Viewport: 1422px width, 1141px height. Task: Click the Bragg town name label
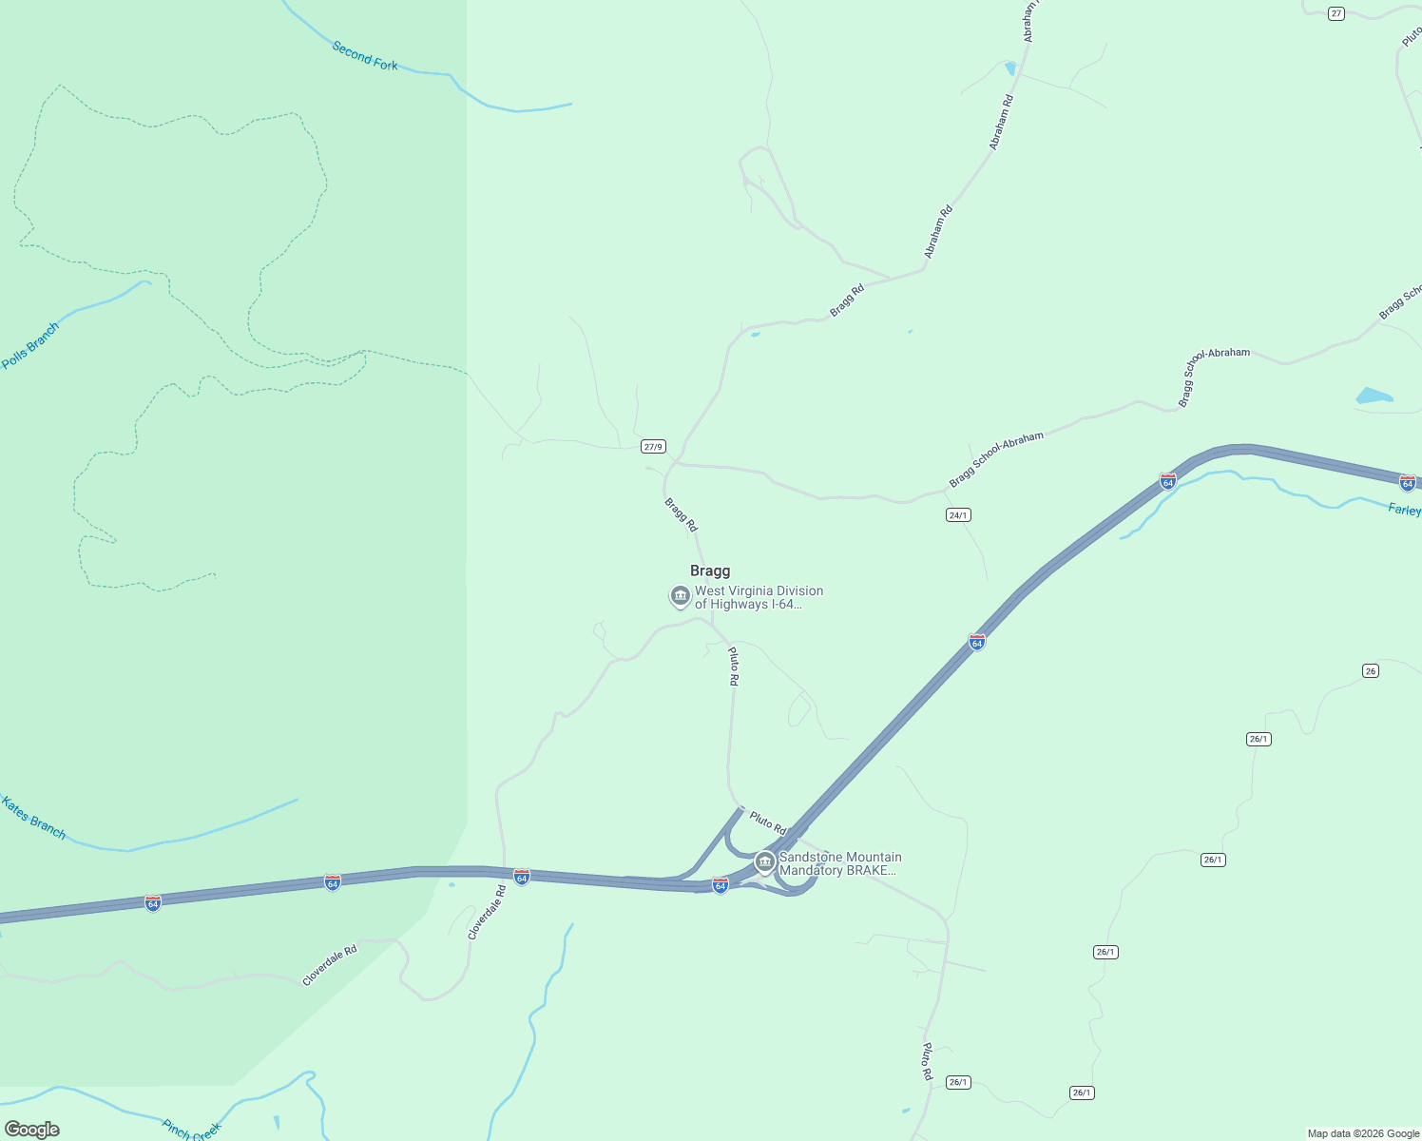click(710, 570)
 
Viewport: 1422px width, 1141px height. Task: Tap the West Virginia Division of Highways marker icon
click(680, 596)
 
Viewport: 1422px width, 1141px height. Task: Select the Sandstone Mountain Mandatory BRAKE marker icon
click(764, 862)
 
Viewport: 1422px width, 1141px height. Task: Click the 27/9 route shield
click(653, 446)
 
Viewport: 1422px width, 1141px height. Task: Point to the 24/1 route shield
click(958, 515)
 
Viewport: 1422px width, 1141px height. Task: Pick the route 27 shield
click(1336, 13)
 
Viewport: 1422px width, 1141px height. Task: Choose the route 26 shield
click(1370, 670)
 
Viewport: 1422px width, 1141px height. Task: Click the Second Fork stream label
click(365, 56)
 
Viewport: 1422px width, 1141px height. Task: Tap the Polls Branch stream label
click(29, 345)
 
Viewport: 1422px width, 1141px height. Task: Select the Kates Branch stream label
click(33, 818)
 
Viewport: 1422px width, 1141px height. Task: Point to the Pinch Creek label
click(191, 1130)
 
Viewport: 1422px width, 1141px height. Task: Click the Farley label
click(1404, 510)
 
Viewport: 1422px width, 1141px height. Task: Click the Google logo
click(32, 1130)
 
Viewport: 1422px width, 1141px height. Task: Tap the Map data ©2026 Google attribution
click(1363, 1133)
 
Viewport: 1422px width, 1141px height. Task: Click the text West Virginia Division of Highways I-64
click(759, 597)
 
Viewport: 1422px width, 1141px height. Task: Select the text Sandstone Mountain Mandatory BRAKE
click(839, 863)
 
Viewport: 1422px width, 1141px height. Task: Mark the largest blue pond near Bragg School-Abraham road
click(1374, 396)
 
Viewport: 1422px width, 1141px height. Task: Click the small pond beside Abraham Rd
click(1009, 68)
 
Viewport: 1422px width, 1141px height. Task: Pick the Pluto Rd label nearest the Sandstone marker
click(767, 822)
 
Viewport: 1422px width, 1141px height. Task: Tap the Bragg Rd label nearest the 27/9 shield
click(681, 514)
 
